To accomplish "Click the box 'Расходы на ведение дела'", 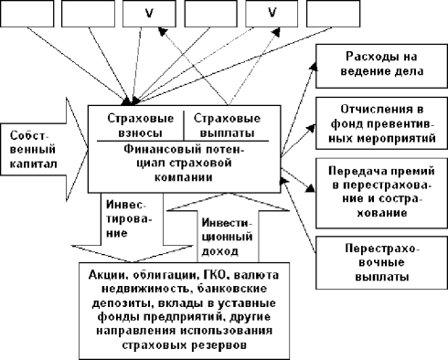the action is [381, 66].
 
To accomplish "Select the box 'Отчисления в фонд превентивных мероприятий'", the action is [381, 123].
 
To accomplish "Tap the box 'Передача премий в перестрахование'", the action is [381, 193].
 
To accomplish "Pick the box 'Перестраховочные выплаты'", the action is [381, 262].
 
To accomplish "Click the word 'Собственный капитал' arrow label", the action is [33, 150].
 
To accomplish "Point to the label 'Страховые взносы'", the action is [140, 125].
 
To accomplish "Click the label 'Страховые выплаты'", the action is [227, 125].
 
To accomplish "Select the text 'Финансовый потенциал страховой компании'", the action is [184, 164].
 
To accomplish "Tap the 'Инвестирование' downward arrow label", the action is [129, 218].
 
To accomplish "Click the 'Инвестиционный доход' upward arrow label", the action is [227, 237].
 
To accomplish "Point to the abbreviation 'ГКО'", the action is [216, 275].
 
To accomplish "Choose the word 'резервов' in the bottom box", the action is [219, 345].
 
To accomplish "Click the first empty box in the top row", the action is [27, 14].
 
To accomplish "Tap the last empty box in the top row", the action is [333, 14].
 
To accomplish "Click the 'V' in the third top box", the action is [149, 13].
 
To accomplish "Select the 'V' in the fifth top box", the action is [272, 13].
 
